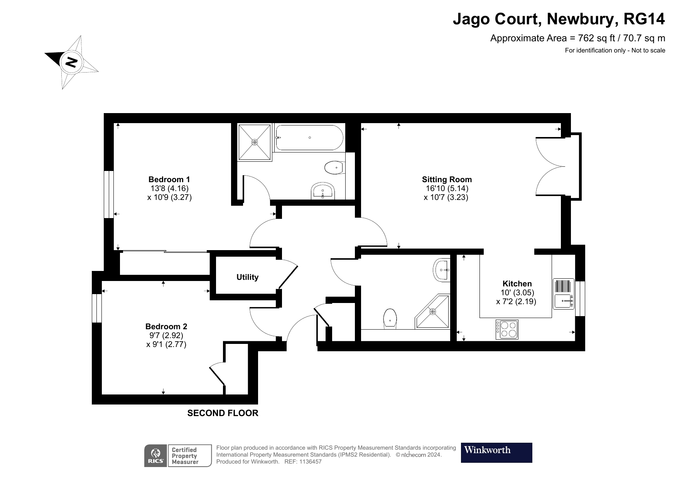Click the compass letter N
[71, 62]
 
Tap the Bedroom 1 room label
[169, 179]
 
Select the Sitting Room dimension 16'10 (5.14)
[447, 188]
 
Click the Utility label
[247, 277]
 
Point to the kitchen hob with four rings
[507, 330]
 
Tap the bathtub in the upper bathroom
[309, 138]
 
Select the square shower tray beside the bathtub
[254, 142]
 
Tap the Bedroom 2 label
[166, 327]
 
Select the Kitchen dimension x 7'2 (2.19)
[516, 301]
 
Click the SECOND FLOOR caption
[223, 413]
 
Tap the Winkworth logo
[496, 452]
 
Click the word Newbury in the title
[581, 19]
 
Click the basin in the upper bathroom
[322, 191]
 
